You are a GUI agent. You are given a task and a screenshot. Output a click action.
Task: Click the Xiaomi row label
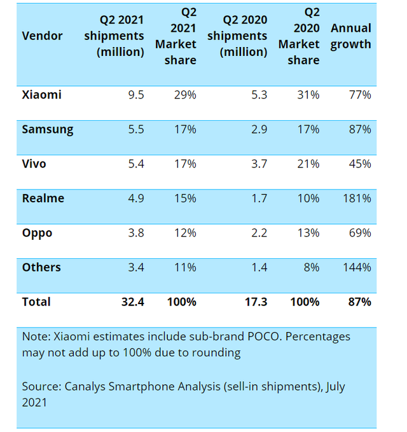[x=41, y=95]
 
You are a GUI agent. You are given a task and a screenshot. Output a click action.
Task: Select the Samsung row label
[x=48, y=130]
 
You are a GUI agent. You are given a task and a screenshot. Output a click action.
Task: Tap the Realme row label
[x=43, y=199]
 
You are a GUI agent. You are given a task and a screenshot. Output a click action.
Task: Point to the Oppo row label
[x=37, y=233]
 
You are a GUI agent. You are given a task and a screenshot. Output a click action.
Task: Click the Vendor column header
[x=43, y=36]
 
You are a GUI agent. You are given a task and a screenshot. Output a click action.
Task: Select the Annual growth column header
[x=350, y=36]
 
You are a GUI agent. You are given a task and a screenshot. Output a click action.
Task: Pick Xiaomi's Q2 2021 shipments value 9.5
[x=135, y=95]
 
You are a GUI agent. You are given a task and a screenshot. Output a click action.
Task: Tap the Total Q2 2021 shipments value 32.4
[x=132, y=302]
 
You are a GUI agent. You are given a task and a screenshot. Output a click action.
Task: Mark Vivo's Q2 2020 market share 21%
[x=309, y=164]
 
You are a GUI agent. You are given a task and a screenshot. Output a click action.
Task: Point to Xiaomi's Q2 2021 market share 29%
[x=184, y=95]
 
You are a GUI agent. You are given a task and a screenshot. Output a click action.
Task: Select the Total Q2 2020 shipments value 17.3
[x=256, y=302]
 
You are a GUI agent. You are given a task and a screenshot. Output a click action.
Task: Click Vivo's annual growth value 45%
[x=360, y=164]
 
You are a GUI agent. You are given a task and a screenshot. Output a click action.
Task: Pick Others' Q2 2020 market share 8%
[x=312, y=267]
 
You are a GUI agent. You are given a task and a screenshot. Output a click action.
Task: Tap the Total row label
[x=36, y=302]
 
